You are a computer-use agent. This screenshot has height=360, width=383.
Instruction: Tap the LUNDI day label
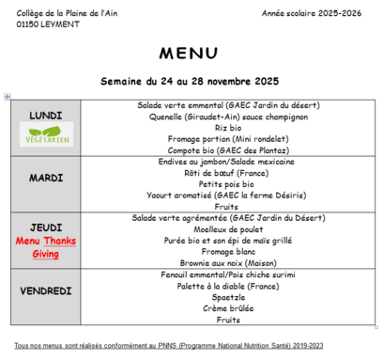pos(47,115)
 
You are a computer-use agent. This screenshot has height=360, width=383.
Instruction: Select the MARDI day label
pos(47,176)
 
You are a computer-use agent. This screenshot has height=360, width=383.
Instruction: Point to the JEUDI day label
pos(47,227)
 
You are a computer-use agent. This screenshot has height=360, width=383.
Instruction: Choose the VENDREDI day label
pos(47,291)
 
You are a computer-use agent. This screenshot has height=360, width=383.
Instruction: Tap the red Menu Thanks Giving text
pos(47,247)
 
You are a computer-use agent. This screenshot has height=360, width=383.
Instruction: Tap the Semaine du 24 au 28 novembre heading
pos(192,82)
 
